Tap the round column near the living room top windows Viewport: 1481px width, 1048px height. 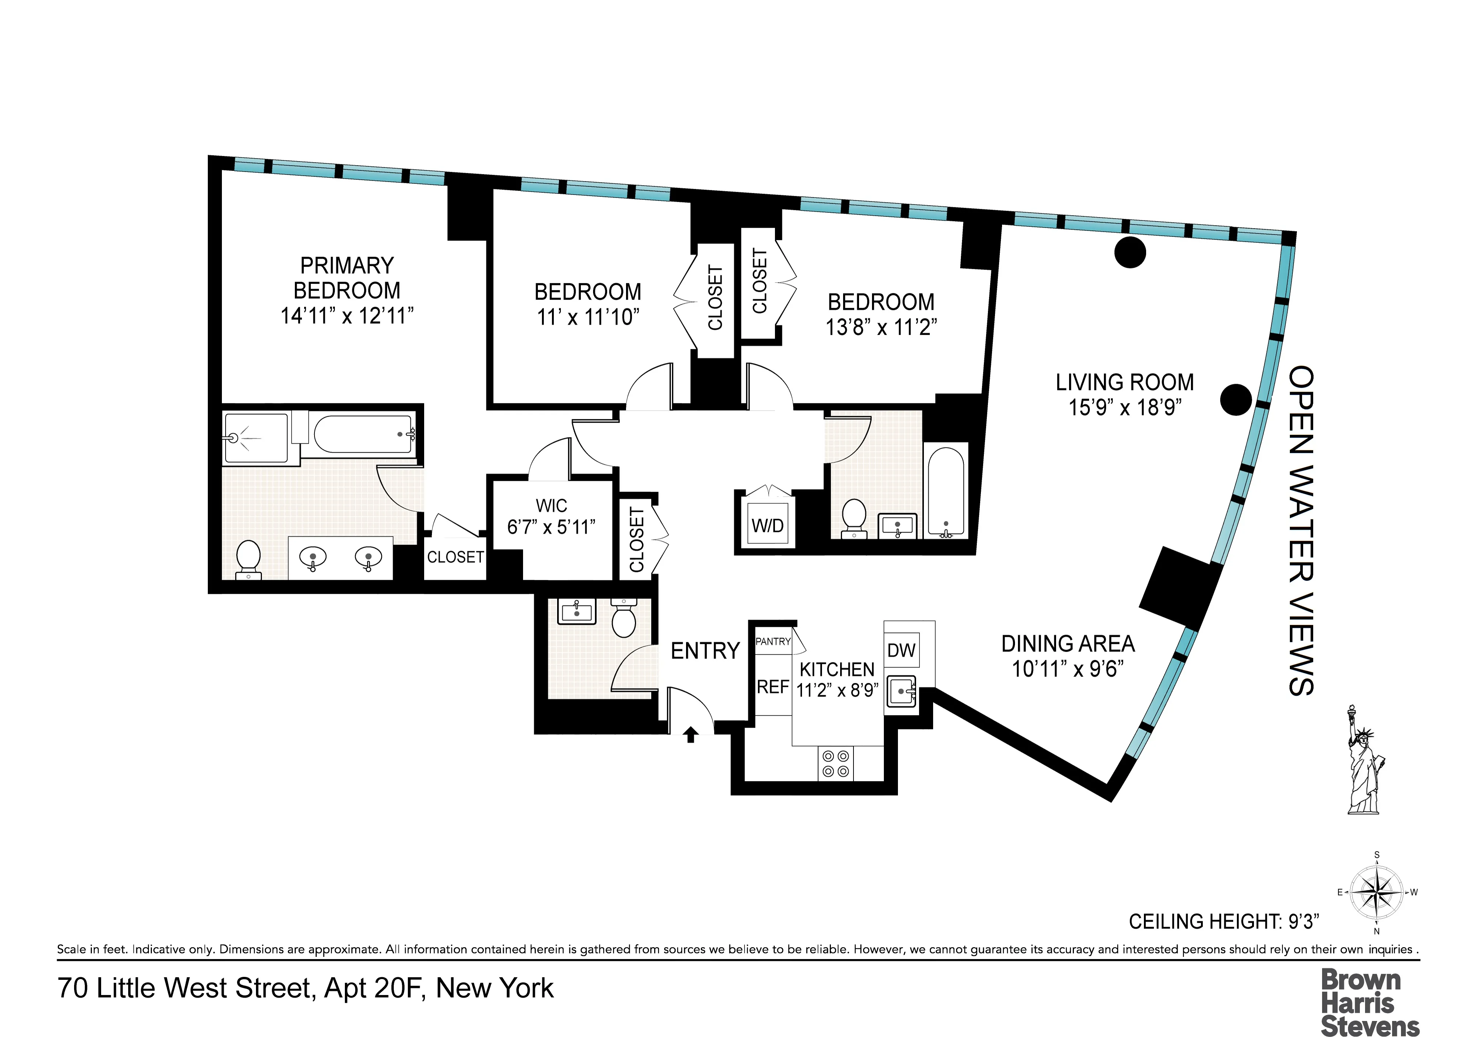tap(1130, 252)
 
